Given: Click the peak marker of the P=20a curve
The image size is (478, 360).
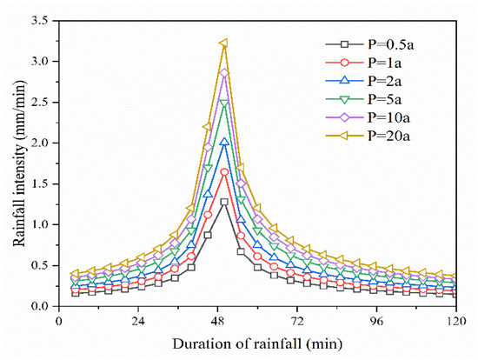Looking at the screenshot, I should coord(224,43).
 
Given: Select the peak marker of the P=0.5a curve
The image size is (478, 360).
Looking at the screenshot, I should coord(224,202).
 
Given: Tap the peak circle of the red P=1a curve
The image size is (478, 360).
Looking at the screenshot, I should coord(224,172).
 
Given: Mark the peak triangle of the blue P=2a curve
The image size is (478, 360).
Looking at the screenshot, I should coord(224,142).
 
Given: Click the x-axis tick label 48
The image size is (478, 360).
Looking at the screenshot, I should coord(217,319).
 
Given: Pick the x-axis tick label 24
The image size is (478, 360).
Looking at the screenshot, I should coord(137,319).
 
